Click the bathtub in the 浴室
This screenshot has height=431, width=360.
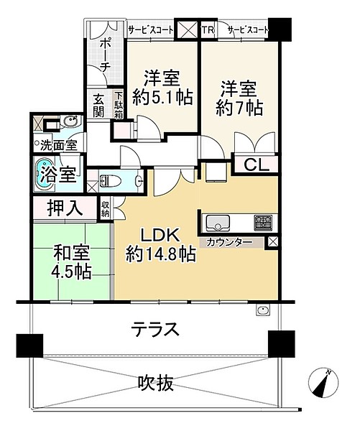(x=44, y=175)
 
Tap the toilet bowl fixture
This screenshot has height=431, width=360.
(x=111, y=181)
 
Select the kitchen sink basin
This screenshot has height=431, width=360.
(x=218, y=223)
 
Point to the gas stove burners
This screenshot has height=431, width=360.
(x=263, y=222)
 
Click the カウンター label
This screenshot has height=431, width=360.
(x=229, y=243)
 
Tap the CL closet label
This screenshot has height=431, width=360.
(x=257, y=165)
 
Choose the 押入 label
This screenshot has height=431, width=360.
(x=65, y=208)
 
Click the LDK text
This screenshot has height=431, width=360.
(x=160, y=236)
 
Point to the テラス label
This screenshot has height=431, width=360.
(x=155, y=329)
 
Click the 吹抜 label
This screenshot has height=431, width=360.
(x=156, y=383)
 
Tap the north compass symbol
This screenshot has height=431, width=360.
(x=323, y=382)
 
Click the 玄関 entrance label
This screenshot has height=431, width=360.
(x=98, y=106)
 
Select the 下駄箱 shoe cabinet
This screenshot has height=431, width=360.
(x=119, y=106)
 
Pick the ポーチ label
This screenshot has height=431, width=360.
(x=105, y=55)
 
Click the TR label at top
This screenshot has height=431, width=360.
(x=208, y=29)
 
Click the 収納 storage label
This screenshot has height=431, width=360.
(x=105, y=209)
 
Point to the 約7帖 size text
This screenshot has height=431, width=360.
(x=239, y=108)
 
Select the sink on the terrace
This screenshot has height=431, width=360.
(x=263, y=311)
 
